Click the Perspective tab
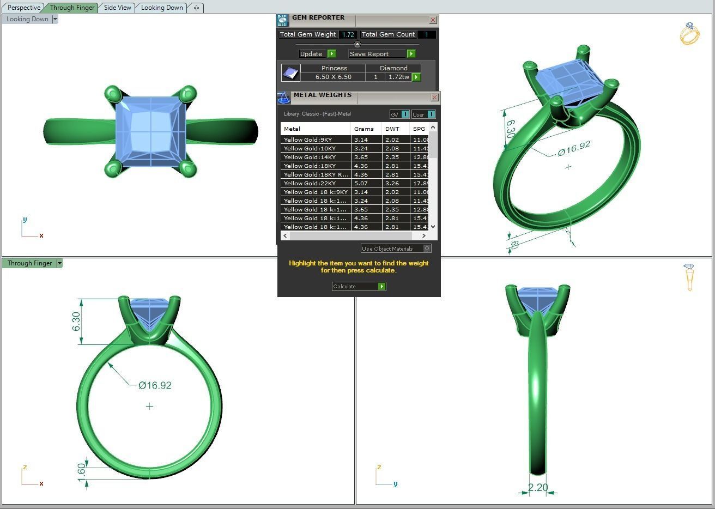[x=24, y=8]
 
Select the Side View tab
[x=118, y=8]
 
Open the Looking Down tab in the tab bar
[x=162, y=8]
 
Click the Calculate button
[x=359, y=286]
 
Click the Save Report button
[x=381, y=54]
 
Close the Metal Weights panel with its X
[x=434, y=97]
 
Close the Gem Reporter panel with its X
[x=433, y=20]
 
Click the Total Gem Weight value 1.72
[x=348, y=34]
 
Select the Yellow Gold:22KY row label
[x=310, y=183]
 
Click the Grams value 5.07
[x=361, y=183]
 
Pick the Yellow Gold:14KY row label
[x=310, y=157]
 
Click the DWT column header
[x=392, y=129]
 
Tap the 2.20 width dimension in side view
[x=537, y=487]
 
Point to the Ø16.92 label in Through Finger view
[x=155, y=385]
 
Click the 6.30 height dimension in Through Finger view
[x=76, y=321]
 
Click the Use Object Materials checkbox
[x=427, y=249]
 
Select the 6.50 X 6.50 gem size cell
[x=333, y=77]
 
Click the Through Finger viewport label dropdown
[x=59, y=263]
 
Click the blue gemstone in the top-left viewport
[x=150, y=131]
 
